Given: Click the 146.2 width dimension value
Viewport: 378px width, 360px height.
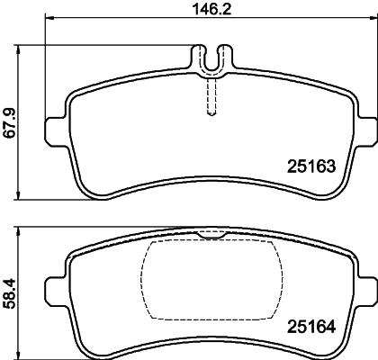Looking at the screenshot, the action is pos(211,9).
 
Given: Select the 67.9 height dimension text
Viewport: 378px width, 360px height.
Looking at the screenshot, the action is pos(10,122).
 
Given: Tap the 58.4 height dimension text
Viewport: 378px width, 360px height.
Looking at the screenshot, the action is pos(10,293).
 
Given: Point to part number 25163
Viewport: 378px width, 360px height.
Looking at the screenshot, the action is pos(310,166).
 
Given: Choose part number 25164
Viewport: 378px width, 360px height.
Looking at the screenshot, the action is pos(310,327).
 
